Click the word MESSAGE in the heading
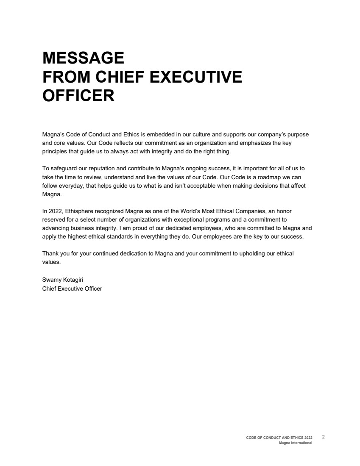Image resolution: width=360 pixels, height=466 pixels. coord(83,57)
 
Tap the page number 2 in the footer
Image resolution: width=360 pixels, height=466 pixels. coord(323,437)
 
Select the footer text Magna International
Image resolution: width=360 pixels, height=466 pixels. coord(296,443)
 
